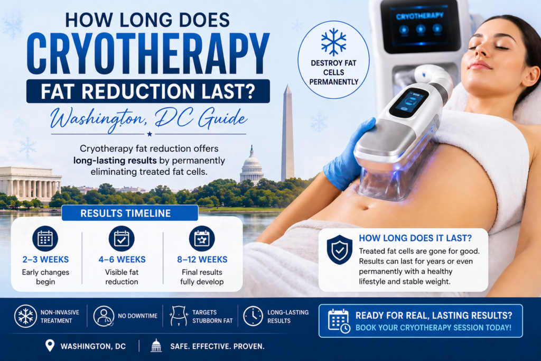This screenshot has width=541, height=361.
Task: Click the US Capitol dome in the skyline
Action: pyautogui.click(x=251, y=166)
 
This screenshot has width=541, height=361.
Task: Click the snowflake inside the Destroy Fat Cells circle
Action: pyautogui.click(x=333, y=42)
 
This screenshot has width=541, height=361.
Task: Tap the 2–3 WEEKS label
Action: pyautogui.click(x=45, y=260)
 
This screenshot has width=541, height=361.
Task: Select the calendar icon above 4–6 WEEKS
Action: pyautogui.click(x=122, y=238)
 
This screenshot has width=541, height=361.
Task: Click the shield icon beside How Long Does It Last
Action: pyautogui.click(x=339, y=249)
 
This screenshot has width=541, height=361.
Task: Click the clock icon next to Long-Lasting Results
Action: pyautogui.click(x=253, y=316)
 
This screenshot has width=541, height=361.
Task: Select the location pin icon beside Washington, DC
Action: pyautogui.click(x=50, y=346)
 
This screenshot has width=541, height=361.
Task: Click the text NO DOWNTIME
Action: pyautogui.click(x=137, y=316)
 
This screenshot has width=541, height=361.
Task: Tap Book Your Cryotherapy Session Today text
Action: pyautogui.click(x=433, y=327)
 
